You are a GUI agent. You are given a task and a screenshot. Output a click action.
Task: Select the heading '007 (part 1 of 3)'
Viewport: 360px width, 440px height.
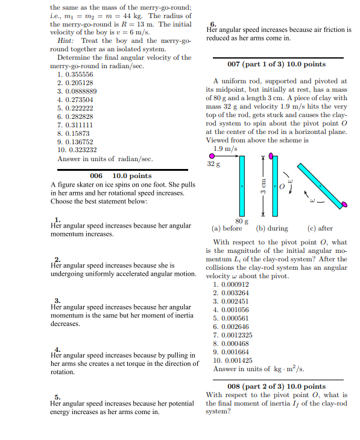tap(277, 64)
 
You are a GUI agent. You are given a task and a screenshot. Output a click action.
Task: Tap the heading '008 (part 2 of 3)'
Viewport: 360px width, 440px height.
tap(277, 386)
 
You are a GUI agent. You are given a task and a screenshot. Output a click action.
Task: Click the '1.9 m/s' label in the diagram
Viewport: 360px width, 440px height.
tap(226, 148)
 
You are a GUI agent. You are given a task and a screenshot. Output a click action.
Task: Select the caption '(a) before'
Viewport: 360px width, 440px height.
tap(227, 229)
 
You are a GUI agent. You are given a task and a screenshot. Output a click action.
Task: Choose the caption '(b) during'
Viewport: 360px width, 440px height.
tap(272, 229)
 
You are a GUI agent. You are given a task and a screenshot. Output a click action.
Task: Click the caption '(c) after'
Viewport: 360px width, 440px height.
tap(320, 229)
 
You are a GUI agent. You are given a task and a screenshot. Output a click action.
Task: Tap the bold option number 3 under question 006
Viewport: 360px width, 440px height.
tap(57, 301)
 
